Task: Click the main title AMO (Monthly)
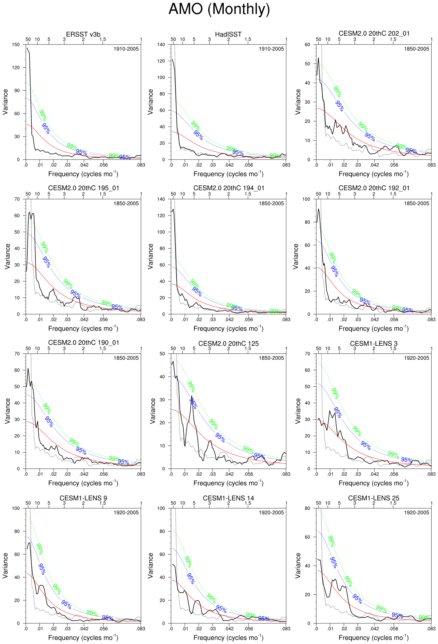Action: [219, 9]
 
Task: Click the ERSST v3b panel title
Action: [83, 34]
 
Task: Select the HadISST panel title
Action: [228, 34]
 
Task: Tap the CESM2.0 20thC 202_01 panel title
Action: [374, 34]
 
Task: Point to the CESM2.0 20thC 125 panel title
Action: [228, 344]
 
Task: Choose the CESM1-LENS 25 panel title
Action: [374, 498]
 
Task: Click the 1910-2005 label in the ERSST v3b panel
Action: [126, 49]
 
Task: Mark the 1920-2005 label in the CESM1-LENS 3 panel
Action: [416, 358]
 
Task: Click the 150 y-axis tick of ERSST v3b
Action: [16, 45]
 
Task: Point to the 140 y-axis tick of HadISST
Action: [161, 45]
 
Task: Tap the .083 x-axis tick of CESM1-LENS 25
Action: [431, 629]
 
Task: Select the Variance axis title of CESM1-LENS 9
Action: [5, 566]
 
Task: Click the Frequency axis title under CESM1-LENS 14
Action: [228, 638]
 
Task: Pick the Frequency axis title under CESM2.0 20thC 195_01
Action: [83, 329]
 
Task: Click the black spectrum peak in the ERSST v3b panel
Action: [27, 48]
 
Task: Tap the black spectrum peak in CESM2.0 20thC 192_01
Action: [318, 209]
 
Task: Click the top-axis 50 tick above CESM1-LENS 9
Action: [28, 503]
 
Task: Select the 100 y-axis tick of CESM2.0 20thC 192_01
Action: [306, 199]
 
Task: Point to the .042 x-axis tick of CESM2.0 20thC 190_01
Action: [84, 474]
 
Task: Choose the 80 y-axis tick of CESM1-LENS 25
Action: [308, 508]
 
